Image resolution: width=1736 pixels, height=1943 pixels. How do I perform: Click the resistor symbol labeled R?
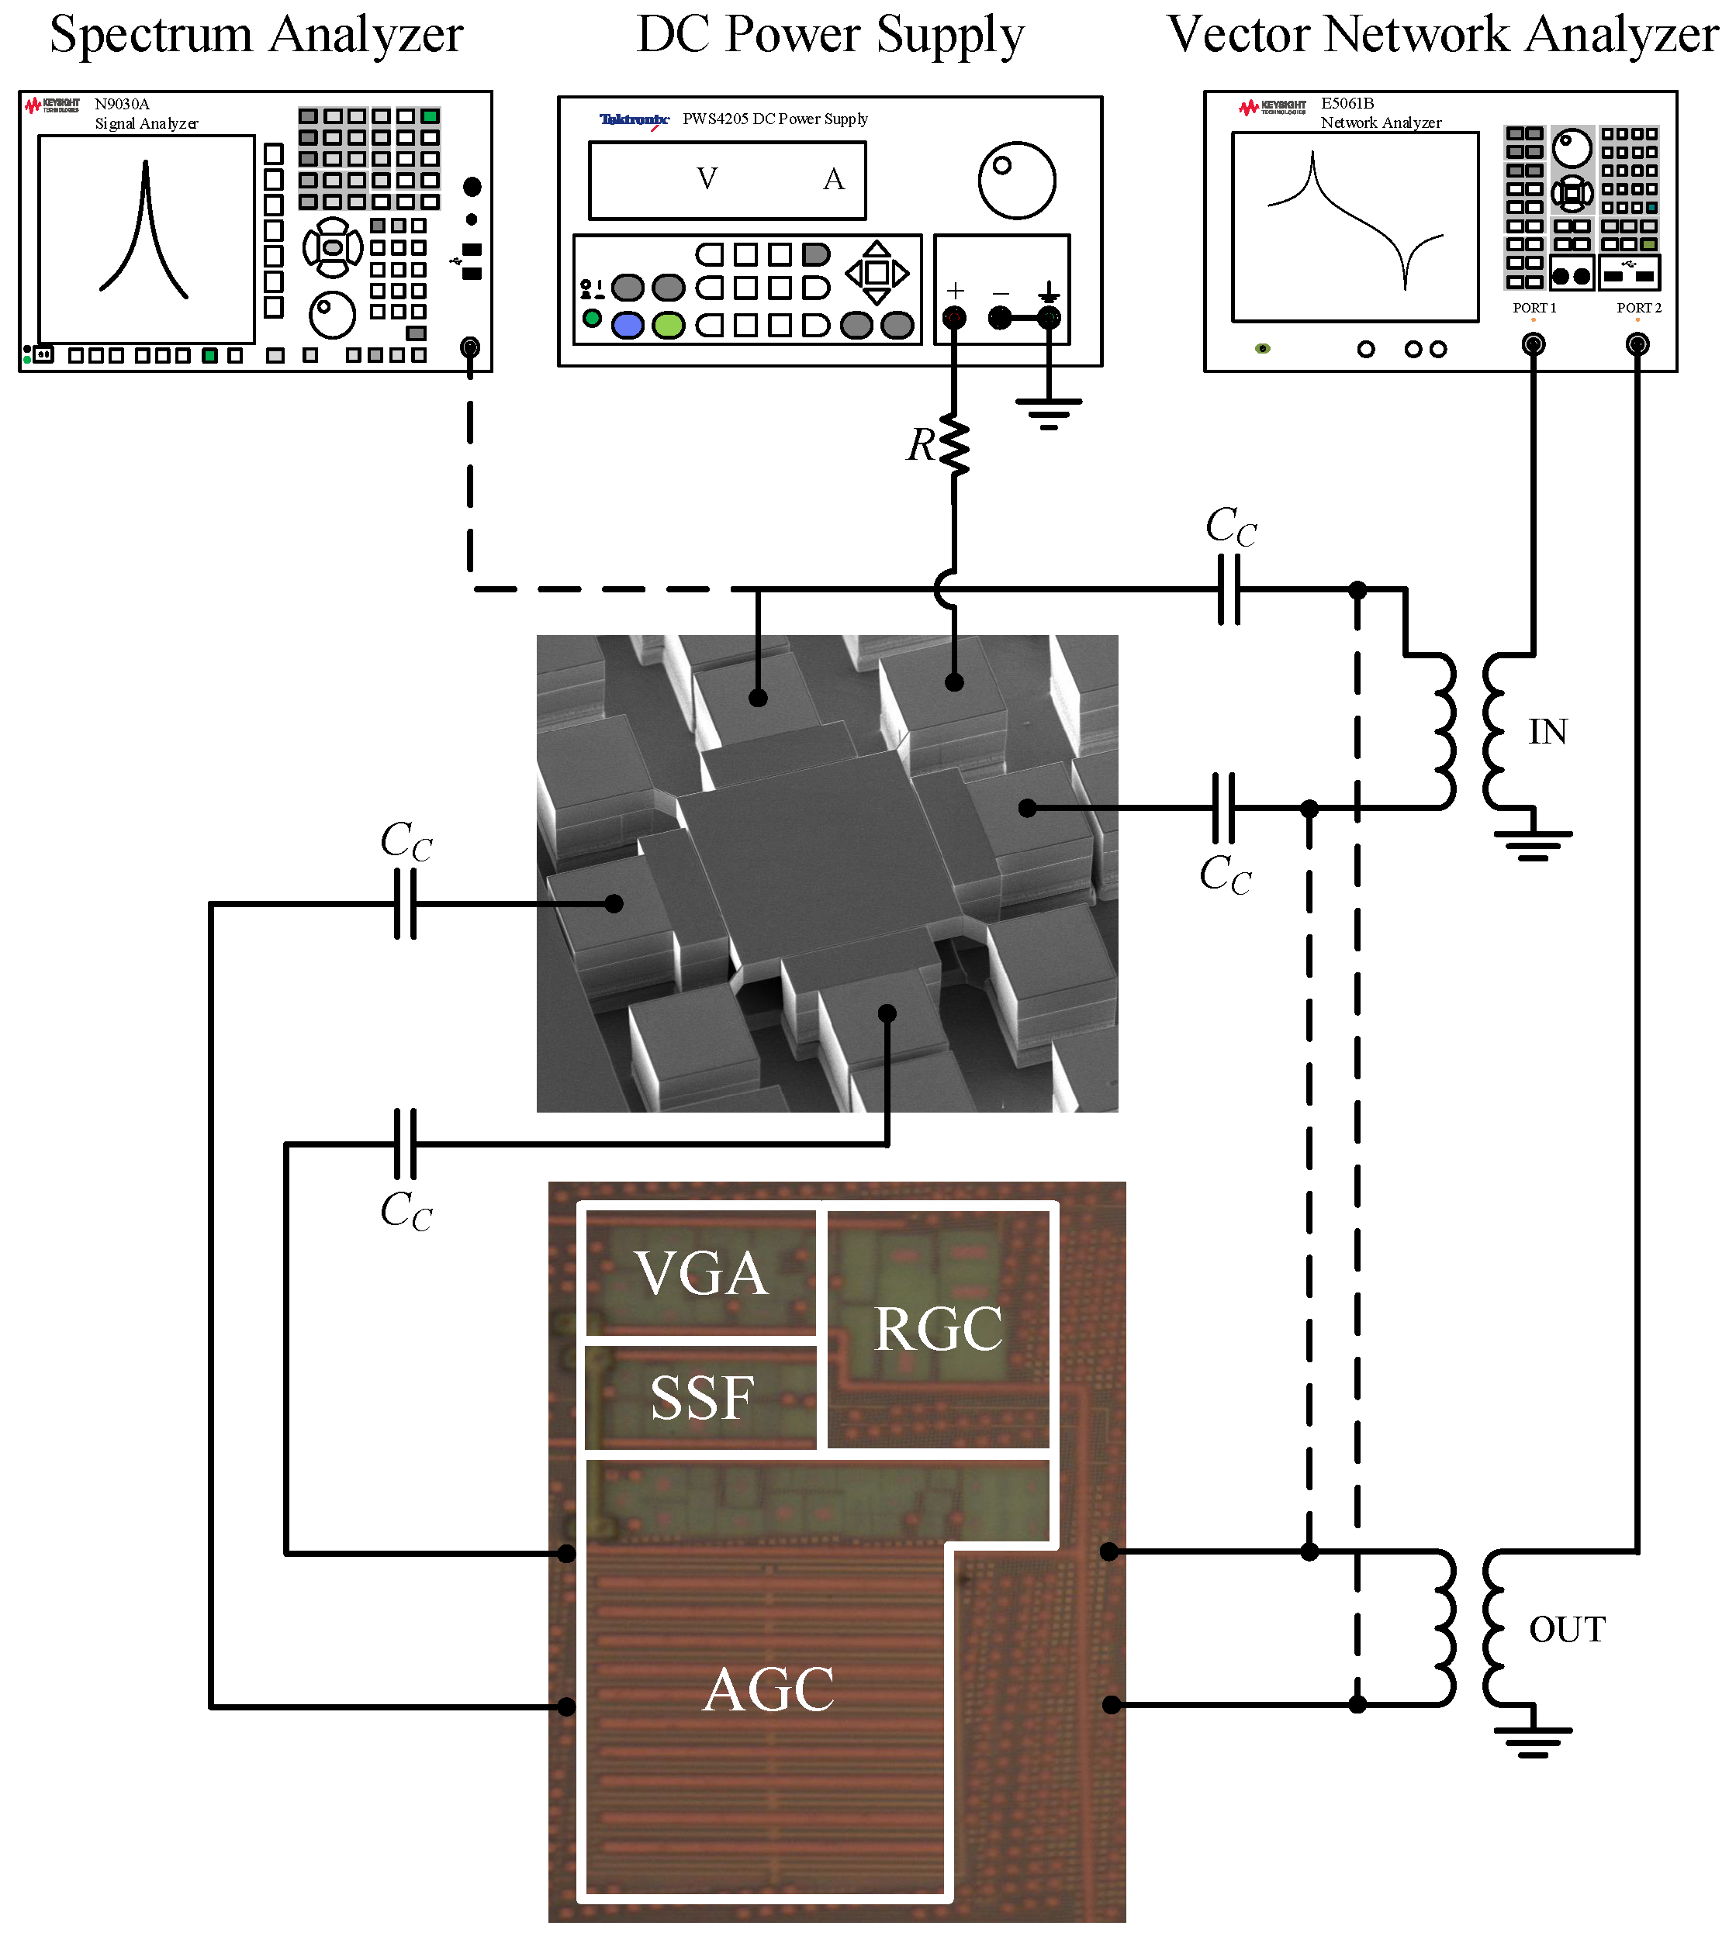[954, 444]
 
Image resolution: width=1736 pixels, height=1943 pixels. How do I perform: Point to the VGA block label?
[701, 1274]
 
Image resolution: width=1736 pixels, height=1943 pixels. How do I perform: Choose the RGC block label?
[939, 1329]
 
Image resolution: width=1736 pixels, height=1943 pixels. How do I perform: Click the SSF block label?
[702, 1399]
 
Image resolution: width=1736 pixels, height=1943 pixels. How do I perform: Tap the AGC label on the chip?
[769, 1690]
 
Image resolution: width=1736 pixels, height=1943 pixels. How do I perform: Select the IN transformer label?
[1548, 732]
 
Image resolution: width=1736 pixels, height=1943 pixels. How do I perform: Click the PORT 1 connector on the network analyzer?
[1533, 345]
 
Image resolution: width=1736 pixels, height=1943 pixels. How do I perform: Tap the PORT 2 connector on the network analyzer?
[1637, 345]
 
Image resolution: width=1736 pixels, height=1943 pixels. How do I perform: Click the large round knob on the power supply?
[1017, 180]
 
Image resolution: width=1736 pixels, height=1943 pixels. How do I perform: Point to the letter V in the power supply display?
[707, 179]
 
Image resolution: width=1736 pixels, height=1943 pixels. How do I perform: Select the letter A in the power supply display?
[834, 179]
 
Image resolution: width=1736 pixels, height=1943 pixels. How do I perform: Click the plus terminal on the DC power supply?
[954, 317]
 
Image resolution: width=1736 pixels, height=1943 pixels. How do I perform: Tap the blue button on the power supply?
[627, 325]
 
